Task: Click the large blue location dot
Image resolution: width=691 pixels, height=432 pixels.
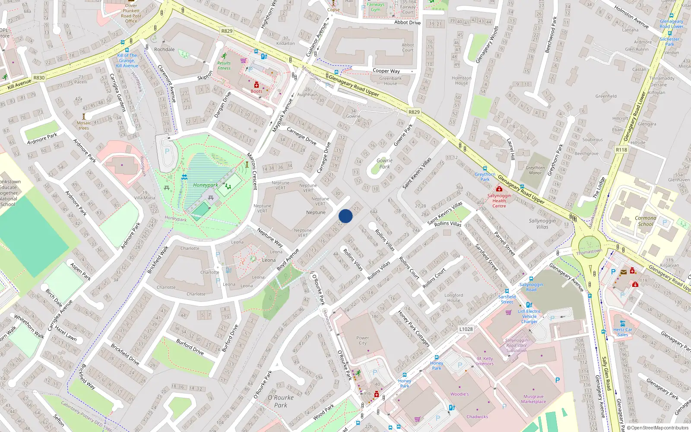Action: [345, 216]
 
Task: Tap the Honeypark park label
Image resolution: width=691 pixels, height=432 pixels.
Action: [206, 185]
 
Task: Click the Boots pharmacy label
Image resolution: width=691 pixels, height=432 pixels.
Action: [257, 91]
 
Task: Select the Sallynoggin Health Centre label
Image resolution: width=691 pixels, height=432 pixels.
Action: [499, 201]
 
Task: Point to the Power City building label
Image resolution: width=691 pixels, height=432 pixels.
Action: [362, 340]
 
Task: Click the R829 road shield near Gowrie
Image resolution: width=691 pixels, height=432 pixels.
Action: [414, 112]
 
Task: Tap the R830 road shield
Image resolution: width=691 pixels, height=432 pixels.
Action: [39, 78]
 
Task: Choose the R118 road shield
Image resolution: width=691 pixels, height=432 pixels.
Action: [621, 149]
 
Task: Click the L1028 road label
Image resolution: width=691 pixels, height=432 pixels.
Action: [466, 329]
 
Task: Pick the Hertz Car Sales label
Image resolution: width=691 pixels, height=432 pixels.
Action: [622, 332]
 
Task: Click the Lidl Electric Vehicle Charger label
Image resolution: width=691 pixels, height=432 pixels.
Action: [529, 316]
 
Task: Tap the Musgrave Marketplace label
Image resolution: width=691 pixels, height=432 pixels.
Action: [533, 399]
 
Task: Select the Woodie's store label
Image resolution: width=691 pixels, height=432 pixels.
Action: [460, 394]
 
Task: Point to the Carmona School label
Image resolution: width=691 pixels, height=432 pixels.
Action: [645, 221]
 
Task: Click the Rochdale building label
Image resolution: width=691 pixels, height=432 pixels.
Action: [165, 49]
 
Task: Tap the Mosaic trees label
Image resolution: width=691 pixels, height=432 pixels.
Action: [84, 125]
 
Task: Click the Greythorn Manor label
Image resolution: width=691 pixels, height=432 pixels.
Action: [535, 170]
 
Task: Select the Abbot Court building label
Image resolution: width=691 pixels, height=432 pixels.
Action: [408, 47]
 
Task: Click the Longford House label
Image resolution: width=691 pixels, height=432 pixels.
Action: [453, 298]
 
